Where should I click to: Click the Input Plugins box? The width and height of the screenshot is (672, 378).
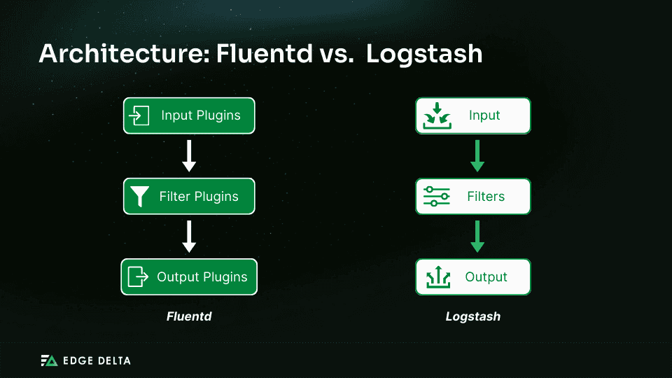pyautogui.click(x=189, y=115)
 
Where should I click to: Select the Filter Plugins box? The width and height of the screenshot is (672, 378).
pyautogui.click(x=189, y=197)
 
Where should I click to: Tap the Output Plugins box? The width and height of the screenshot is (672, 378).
pyautogui.click(x=189, y=277)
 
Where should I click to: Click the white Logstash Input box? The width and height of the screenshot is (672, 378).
pyautogui.click(x=473, y=115)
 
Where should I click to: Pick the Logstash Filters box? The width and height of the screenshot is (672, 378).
pyautogui.click(x=473, y=197)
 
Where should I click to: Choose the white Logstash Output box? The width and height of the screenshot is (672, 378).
pyautogui.click(x=473, y=277)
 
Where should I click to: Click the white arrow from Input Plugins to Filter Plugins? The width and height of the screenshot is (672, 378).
pyautogui.click(x=189, y=156)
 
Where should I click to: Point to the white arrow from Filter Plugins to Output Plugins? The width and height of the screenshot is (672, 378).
pyautogui.click(x=189, y=237)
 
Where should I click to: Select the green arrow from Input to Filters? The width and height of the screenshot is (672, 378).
pyautogui.click(x=477, y=156)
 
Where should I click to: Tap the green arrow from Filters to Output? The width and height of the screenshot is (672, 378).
pyautogui.click(x=477, y=237)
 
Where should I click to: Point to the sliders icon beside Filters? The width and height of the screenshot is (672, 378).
pyautogui.click(x=436, y=197)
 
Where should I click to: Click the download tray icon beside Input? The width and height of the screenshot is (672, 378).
pyautogui.click(x=436, y=116)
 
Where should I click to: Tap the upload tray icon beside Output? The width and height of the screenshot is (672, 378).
pyautogui.click(x=436, y=277)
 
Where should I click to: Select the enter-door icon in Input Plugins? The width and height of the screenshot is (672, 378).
pyautogui.click(x=140, y=115)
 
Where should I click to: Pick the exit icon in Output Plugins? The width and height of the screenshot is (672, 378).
pyautogui.click(x=138, y=277)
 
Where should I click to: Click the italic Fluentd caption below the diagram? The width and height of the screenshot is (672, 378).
pyautogui.click(x=189, y=316)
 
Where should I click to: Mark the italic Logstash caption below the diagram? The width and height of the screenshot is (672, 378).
pyautogui.click(x=473, y=316)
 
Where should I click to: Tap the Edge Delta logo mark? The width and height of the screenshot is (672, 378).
pyautogui.click(x=48, y=360)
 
